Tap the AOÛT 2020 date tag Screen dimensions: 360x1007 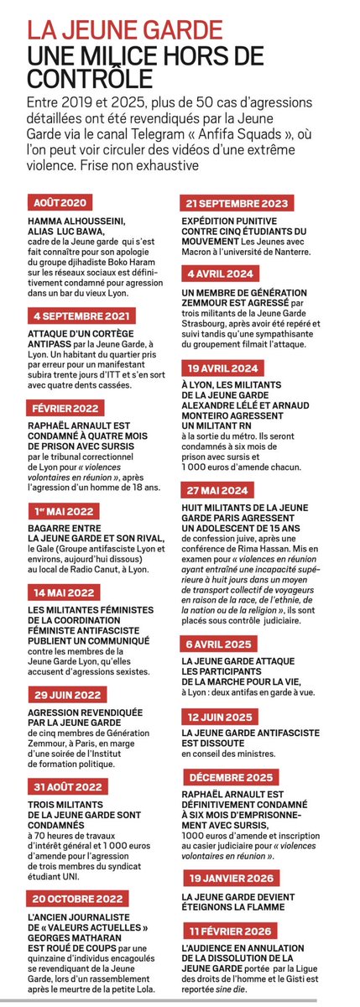pos(60,202)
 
